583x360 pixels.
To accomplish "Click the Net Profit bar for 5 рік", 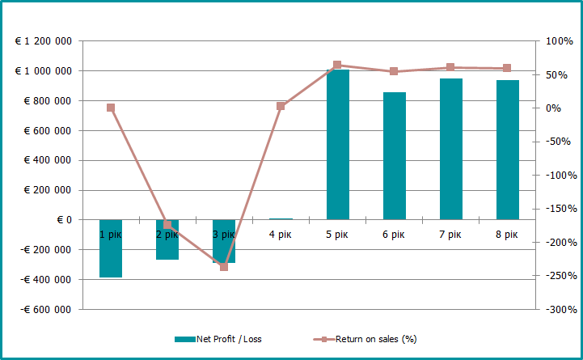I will click(x=337, y=146).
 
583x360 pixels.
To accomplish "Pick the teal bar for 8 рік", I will click(x=507, y=150).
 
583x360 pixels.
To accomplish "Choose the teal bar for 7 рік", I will click(x=450, y=149).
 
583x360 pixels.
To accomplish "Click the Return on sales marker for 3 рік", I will click(x=224, y=266).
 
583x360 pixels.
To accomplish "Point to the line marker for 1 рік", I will click(x=111, y=108).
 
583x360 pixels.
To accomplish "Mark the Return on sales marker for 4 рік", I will click(x=281, y=106).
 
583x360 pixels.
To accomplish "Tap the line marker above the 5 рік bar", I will click(x=337, y=65).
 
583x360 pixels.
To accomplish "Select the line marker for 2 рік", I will click(x=167, y=225).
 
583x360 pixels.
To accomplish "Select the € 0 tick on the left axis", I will click(x=64, y=220).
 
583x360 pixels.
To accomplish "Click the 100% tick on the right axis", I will click(x=560, y=41).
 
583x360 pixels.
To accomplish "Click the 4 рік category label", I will click(x=281, y=235).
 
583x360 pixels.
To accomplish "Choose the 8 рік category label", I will click(x=507, y=235).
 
